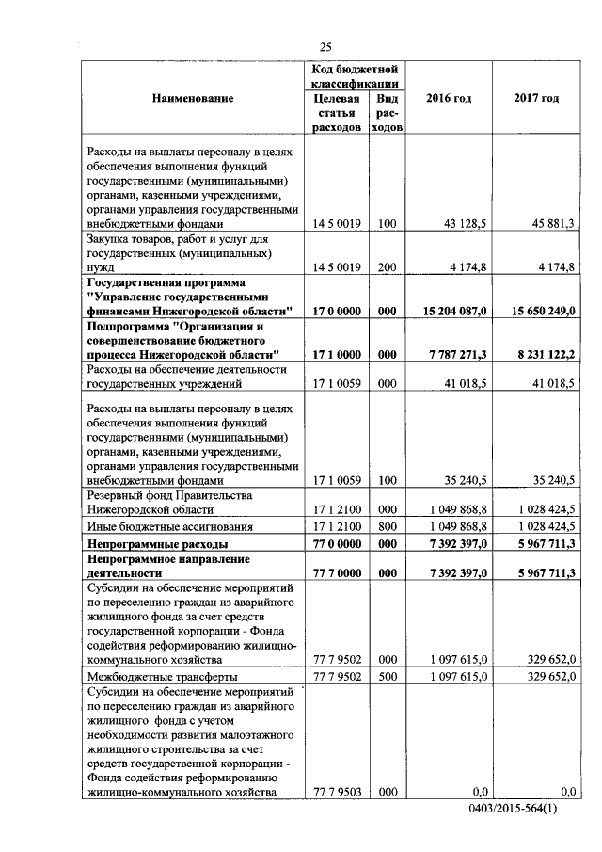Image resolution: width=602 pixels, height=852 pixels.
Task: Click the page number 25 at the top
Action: coord(325,48)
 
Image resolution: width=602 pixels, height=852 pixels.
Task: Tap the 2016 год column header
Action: coord(449,98)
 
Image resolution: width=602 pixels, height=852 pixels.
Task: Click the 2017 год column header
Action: coord(536,98)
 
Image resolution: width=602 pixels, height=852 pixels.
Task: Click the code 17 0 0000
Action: coord(336,311)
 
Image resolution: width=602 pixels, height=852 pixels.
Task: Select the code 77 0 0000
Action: coord(336,544)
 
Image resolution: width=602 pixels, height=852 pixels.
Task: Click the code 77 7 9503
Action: coord(336,792)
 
